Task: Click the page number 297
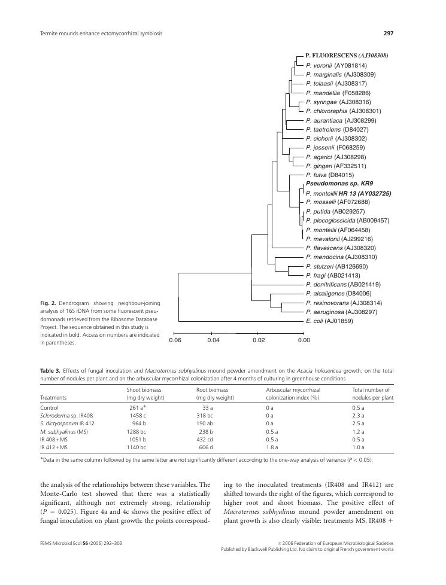[388, 33]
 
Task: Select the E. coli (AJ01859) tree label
[329, 321]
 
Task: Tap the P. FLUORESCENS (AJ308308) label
[347, 56]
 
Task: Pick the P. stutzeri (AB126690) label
[336, 266]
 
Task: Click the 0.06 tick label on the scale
[175, 340]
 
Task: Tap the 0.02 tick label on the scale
[258, 340]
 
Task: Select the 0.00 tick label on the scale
[304, 340]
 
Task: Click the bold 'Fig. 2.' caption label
[48, 303]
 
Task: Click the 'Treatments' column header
[53, 398]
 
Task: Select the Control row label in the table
[49, 408]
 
